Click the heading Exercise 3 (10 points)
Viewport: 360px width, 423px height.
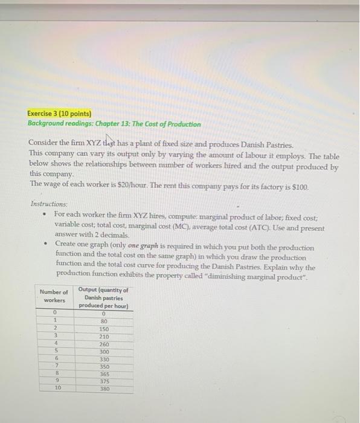59,113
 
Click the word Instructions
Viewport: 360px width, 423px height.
50,205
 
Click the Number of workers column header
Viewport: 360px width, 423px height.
53,295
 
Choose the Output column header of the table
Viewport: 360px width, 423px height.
104,297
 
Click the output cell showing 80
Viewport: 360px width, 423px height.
104,321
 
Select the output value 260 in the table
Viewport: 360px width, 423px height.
104,344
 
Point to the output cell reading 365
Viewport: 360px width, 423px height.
104,374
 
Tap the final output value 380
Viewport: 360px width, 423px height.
104,389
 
